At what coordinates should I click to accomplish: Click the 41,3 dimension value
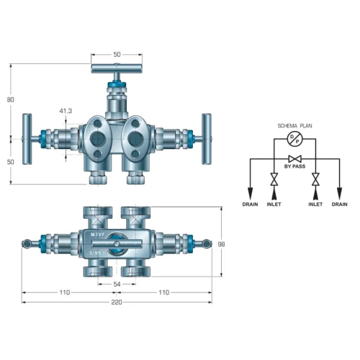tap(66, 111)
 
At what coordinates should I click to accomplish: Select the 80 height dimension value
tap(10, 99)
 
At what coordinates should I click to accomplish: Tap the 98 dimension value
tap(221, 244)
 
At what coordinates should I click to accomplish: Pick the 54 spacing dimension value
tap(117, 284)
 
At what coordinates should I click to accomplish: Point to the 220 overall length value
tap(117, 302)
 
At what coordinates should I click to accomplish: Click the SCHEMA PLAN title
tap(294, 126)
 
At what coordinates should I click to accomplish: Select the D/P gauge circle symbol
tap(294, 139)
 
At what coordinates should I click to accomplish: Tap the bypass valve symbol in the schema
tap(295, 158)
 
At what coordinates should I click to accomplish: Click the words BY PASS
tap(294, 166)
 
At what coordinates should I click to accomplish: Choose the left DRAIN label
tap(250, 204)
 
